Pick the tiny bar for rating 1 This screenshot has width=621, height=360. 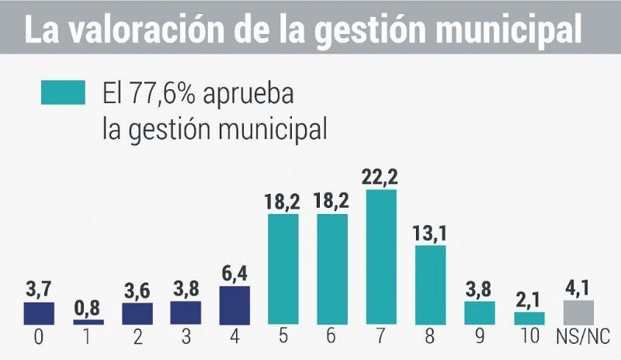click(88, 321)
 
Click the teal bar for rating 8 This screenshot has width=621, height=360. click(430, 285)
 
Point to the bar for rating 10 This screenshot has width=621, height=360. click(529, 318)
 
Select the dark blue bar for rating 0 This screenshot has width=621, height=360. click(40, 313)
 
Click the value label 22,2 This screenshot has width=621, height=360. click(380, 178)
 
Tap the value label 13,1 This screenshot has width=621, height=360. click(430, 234)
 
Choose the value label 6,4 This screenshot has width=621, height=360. click(235, 275)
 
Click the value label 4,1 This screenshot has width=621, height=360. click(578, 288)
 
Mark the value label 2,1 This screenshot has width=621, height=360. click(529, 300)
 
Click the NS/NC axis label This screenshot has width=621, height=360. click(578, 339)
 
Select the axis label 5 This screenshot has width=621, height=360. click(283, 339)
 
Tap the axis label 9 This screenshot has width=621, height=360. click(479, 339)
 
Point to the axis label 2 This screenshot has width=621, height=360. click(137, 339)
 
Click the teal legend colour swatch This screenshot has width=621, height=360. click(63, 92)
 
